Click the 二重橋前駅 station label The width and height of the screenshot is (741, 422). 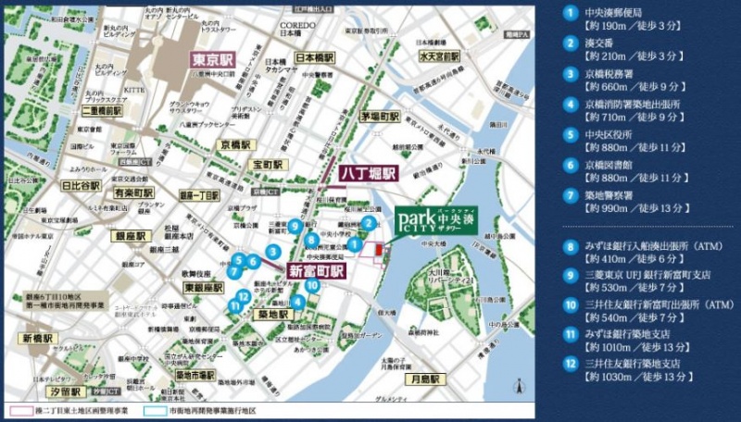click(102, 109)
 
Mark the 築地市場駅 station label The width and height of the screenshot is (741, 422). click(195, 375)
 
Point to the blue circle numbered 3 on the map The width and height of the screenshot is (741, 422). click(273, 251)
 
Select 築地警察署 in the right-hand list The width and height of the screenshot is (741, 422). click(608, 196)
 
